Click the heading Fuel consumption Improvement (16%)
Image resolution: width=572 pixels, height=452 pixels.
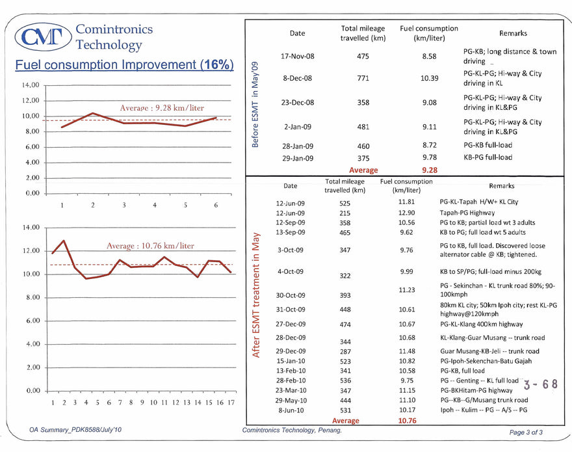[124, 65]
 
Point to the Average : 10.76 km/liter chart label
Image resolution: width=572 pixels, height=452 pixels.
[150, 246]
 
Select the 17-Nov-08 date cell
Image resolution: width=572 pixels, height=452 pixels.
[297, 57]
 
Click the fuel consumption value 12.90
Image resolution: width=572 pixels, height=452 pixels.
[406, 213]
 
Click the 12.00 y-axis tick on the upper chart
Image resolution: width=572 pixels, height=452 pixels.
[31, 101]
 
